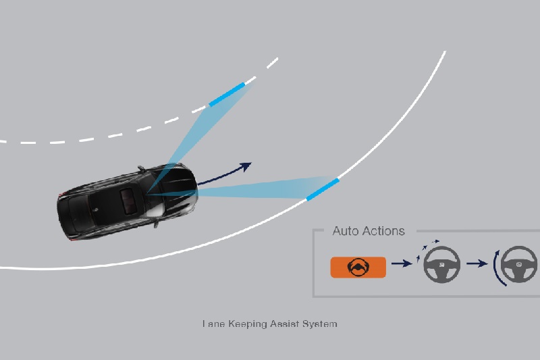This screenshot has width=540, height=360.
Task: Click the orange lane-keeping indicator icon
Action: point(358,267)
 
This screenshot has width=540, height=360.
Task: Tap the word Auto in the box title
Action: point(345,231)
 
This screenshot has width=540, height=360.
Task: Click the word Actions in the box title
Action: point(383,231)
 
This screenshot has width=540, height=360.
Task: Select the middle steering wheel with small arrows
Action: point(441,265)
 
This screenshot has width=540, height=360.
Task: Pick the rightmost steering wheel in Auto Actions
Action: point(518,265)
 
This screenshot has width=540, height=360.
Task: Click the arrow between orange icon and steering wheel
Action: point(402,263)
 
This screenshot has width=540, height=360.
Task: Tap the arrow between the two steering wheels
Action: point(477,263)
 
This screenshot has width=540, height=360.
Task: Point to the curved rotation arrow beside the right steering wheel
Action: point(495,267)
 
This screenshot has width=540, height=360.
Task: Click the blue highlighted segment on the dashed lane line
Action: point(227,95)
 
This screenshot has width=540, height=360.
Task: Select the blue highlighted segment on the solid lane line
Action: point(323,189)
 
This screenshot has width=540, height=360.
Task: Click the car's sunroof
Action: point(129,201)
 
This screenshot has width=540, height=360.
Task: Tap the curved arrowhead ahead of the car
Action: point(246,166)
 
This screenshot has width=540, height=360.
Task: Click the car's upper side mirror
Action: point(141,168)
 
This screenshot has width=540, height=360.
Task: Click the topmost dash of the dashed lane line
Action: point(273,63)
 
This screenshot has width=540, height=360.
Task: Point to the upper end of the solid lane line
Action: point(446,52)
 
